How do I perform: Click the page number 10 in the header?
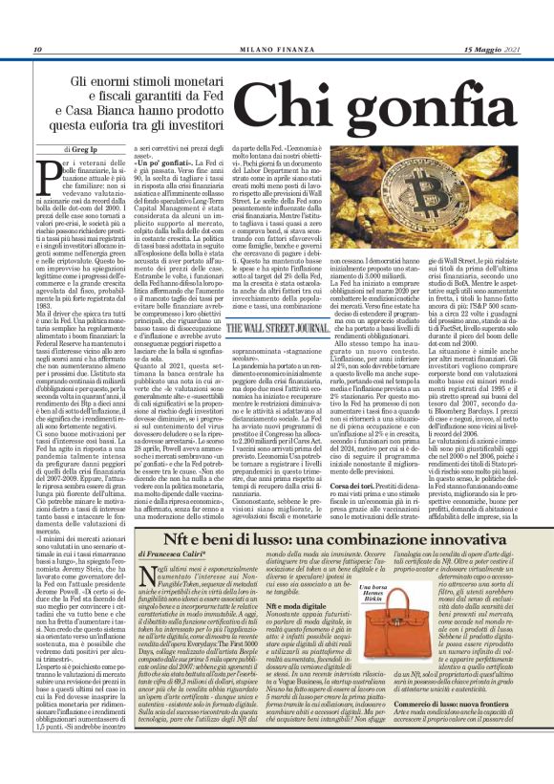click(37, 50)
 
